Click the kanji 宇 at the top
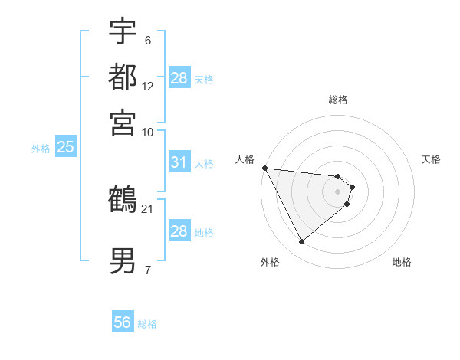pyautogui.click(x=123, y=31)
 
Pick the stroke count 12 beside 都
pyautogui.click(x=148, y=86)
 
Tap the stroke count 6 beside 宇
pyautogui.click(x=147, y=41)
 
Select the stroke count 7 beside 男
pyautogui.click(x=147, y=270)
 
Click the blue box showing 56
pyautogui.click(x=123, y=322)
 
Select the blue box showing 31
pyautogui.click(x=179, y=162)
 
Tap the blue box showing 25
pyautogui.click(x=65, y=147)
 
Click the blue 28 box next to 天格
pyautogui.click(x=179, y=78)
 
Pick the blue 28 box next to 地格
pyautogui.click(x=179, y=231)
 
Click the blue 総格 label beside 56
pyautogui.click(x=147, y=324)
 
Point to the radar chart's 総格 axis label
pyautogui.click(x=338, y=100)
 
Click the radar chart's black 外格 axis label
pyautogui.click(x=269, y=263)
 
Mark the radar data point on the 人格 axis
pyautogui.click(x=264, y=168)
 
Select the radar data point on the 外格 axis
pyautogui.click(x=301, y=242)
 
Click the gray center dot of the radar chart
pyautogui.click(x=338, y=191)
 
